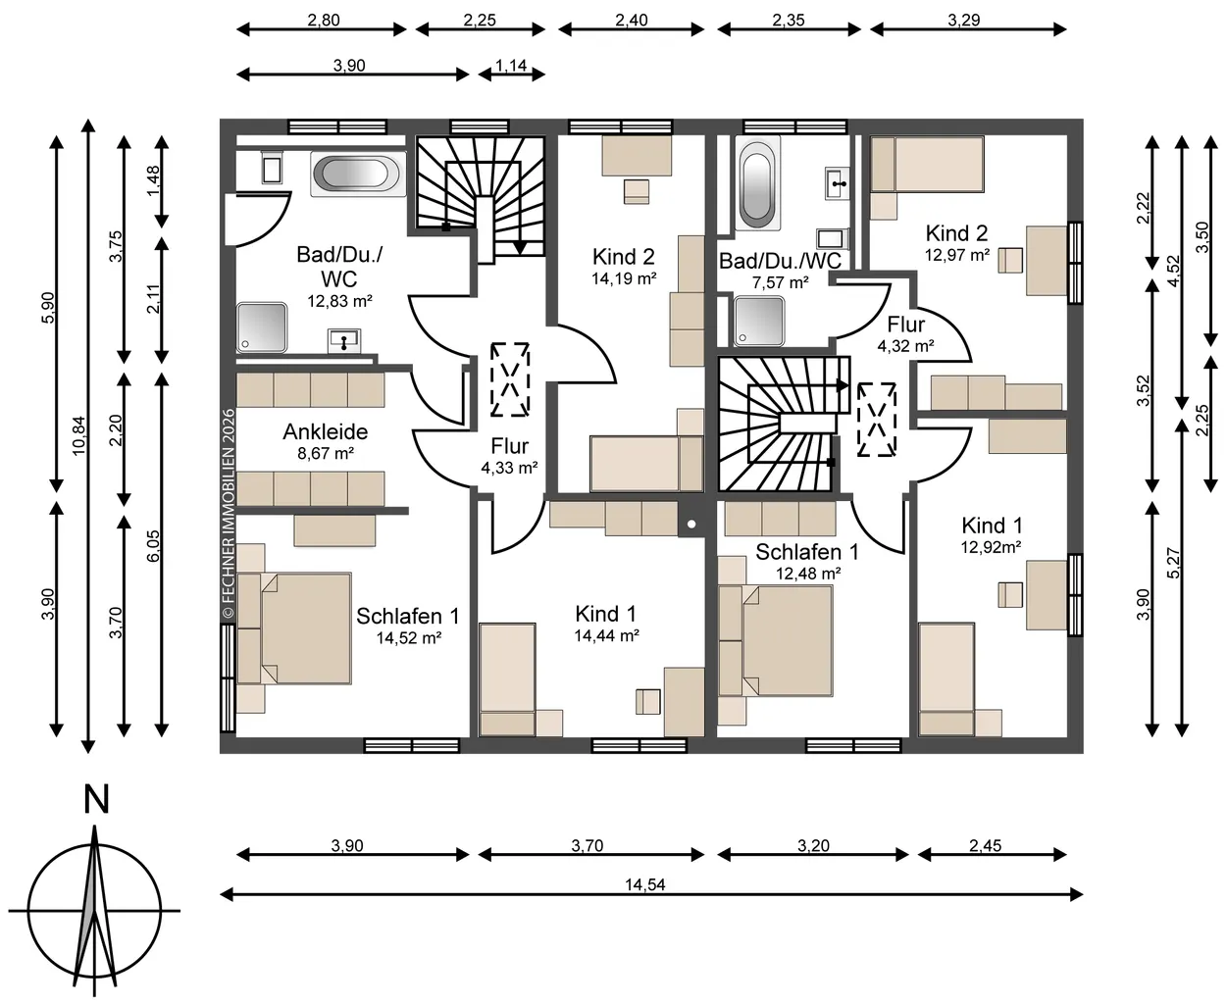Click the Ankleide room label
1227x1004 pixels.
[x=326, y=431]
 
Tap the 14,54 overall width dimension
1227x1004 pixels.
[x=644, y=884]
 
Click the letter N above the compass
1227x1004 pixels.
[x=96, y=799]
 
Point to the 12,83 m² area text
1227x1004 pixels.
[x=339, y=301]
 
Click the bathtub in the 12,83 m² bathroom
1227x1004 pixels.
[x=358, y=174]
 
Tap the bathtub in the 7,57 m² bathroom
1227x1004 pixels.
[x=757, y=183]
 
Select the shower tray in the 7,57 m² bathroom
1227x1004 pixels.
[x=759, y=322]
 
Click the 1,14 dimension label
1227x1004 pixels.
[x=511, y=66]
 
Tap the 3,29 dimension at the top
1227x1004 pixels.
[x=964, y=21]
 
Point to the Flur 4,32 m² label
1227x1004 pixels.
[x=906, y=334]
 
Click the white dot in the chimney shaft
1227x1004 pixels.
[x=691, y=525]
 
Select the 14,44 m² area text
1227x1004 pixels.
[x=607, y=635]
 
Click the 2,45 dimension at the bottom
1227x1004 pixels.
[x=985, y=845]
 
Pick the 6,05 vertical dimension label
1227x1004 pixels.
[x=152, y=545]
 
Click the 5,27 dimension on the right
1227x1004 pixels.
[x=1174, y=563]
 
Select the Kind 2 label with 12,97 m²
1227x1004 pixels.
[x=957, y=242]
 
